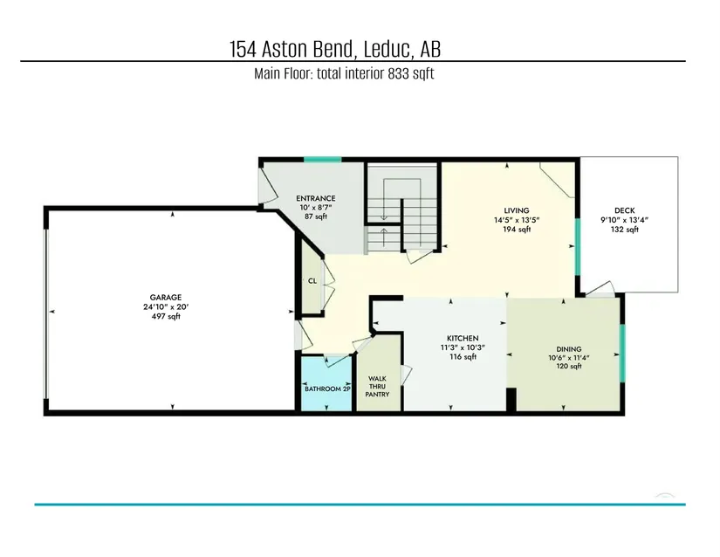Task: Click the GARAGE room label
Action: point(166,297)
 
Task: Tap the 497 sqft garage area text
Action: point(166,316)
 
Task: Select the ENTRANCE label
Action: point(315,198)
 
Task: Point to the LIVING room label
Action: point(517,210)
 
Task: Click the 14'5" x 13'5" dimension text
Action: point(517,220)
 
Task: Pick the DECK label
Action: point(625,210)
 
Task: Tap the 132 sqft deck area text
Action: point(625,230)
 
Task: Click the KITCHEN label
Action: point(463,338)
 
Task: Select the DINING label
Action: point(569,349)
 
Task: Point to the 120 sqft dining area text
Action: point(569,366)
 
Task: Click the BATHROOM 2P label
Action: point(328,389)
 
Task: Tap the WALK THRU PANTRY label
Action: point(377,387)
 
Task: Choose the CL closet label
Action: point(312,281)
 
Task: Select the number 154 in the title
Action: point(243,50)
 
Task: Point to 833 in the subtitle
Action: point(398,74)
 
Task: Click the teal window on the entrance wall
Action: point(322,160)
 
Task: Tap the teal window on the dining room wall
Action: point(622,353)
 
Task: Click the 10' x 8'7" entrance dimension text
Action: point(315,208)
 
